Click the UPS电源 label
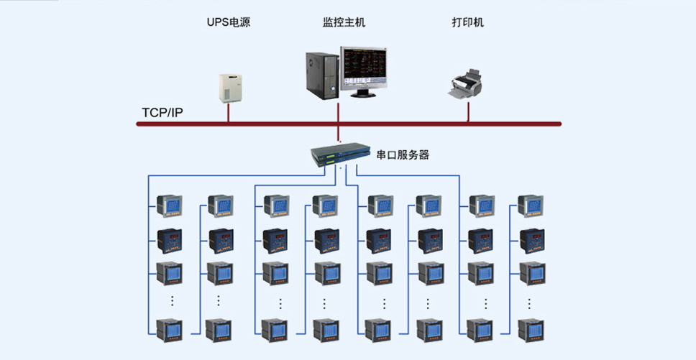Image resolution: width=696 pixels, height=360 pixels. click(x=229, y=22)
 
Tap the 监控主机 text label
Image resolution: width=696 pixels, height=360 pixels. click(x=344, y=22)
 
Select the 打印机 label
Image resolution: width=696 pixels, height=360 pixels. click(x=468, y=22)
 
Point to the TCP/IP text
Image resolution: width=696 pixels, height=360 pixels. click(x=162, y=112)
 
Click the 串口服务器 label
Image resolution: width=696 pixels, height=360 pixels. click(x=403, y=154)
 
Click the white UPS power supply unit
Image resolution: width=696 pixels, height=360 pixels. click(x=231, y=88)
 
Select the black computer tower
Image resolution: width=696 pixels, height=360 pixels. click(x=322, y=75)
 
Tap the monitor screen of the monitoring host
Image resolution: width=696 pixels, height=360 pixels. click(x=364, y=66)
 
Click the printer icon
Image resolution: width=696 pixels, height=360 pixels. click(x=464, y=84)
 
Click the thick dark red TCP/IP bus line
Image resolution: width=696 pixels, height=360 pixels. click(x=349, y=124)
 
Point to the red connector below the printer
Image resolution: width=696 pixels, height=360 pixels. click(x=468, y=111)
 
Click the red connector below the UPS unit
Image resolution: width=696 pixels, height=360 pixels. click(x=228, y=113)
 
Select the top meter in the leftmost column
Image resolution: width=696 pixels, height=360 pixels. click(x=169, y=206)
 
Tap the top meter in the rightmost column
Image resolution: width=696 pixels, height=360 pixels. click(x=531, y=206)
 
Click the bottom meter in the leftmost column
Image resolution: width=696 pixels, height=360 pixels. click(x=169, y=331)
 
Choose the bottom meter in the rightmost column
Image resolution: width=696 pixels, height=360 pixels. click(x=531, y=331)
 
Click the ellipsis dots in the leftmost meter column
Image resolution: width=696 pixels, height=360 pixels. click(x=173, y=300)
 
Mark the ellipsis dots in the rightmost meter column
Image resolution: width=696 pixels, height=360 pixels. click(x=529, y=303)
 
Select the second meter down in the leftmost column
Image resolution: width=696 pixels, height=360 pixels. click(x=170, y=241)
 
